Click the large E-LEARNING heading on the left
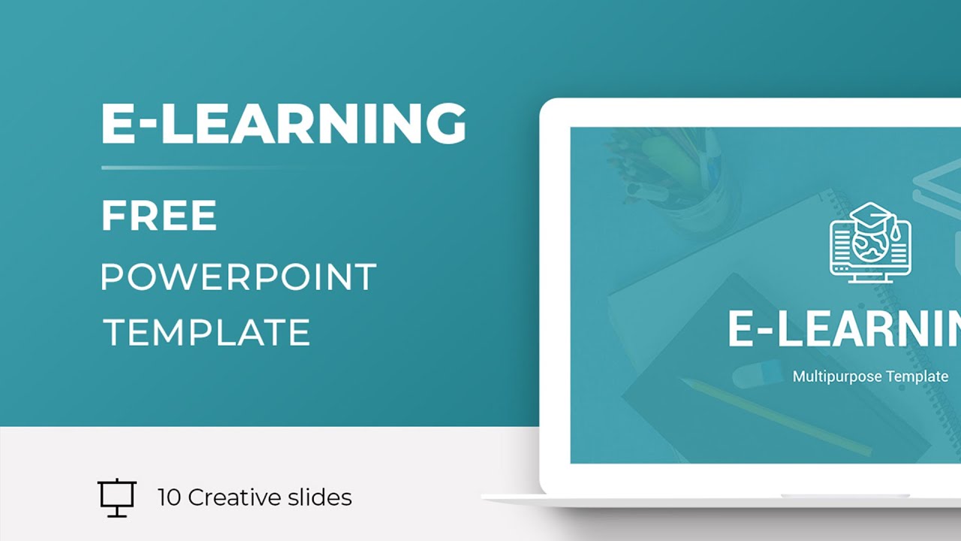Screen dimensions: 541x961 283,123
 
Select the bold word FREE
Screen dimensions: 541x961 159,216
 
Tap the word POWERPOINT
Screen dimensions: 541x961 238,277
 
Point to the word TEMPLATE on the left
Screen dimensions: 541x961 206,332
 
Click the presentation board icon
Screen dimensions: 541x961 116,497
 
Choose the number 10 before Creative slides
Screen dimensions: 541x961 169,497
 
